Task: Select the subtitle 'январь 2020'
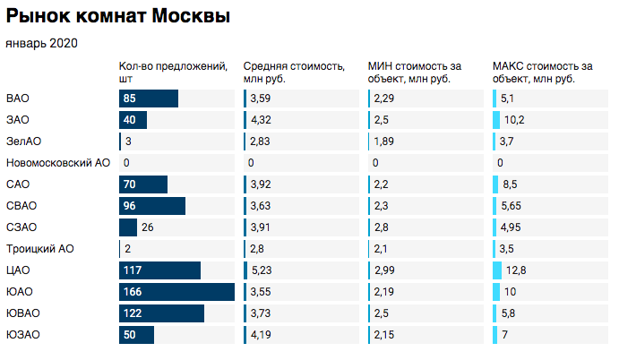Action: coord(41,43)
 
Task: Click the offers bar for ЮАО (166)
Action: coord(176,292)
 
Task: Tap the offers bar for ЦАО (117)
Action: coord(159,270)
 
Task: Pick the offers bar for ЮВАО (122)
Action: coord(161,313)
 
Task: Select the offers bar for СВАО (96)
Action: coord(151,206)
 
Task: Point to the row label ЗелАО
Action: coord(24,141)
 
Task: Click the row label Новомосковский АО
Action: coord(57,163)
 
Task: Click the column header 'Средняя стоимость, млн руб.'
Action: coord(294,73)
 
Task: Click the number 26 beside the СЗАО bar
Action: coord(149,227)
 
